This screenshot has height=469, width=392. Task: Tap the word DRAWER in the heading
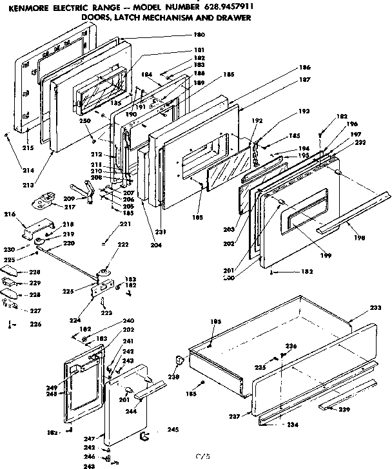point(234,17)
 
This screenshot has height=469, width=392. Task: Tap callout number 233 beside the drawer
point(375,309)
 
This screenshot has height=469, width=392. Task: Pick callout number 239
point(346,410)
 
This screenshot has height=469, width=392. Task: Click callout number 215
point(28,148)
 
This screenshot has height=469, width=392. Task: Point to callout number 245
point(173,429)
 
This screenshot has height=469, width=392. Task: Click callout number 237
point(235,416)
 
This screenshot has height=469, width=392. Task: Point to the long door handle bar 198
point(355,209)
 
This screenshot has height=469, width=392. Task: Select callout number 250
point(84,122)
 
